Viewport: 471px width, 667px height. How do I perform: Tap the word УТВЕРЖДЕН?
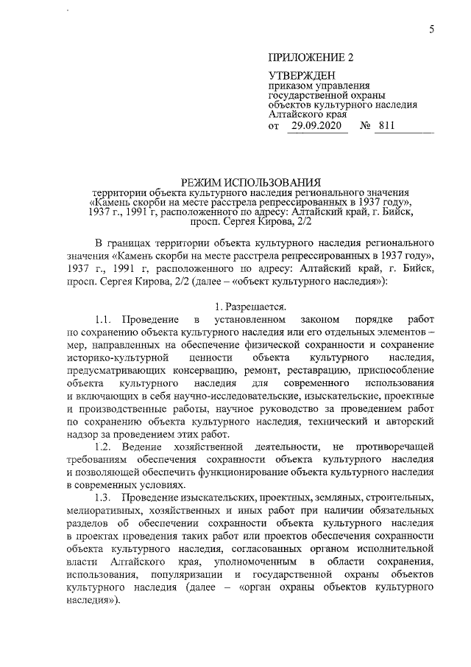[x=301, y=76]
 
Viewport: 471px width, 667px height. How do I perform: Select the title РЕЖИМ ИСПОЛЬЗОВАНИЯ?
[x=252, y=181]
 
